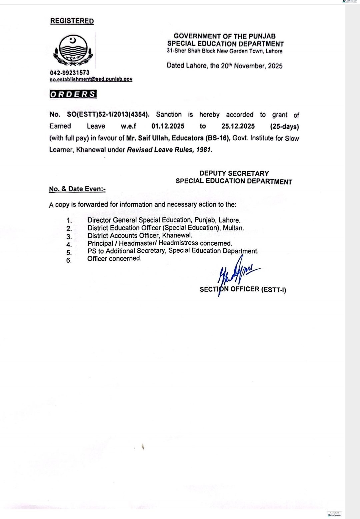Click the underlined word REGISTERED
click(x=72, y=21)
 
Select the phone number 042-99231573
click(x=70, y=73)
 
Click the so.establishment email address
click(x=91, y=79)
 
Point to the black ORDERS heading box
click(x=73, y=94)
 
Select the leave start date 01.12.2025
click(x=168, y=126)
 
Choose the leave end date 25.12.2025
click(x=238, y=126)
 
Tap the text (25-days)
click(x=284, y=127)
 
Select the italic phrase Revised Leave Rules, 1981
click(x=169, y=150)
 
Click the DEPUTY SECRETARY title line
click(x=234, y=173)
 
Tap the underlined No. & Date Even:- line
click(x=77, y=189)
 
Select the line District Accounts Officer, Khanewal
click(x=140, y=236)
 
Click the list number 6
click(x=69, y=260)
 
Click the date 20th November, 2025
click(x=251, y=66)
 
